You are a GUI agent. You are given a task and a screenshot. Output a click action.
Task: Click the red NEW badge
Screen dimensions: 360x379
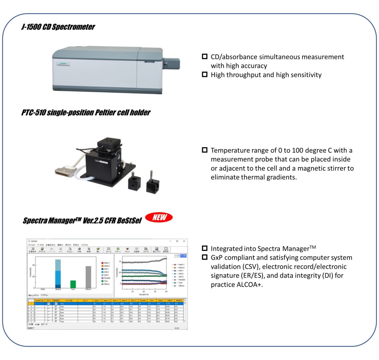159,217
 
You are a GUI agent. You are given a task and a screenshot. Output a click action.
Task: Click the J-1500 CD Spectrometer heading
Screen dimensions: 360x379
58,27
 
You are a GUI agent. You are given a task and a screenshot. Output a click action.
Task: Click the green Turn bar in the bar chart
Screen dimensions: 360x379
73,284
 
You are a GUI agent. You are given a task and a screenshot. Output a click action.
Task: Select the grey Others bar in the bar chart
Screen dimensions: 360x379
88,277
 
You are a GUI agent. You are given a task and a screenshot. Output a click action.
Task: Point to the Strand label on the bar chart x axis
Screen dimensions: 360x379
58,289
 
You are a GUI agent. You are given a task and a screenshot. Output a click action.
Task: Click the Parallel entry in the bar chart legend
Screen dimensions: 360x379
107,278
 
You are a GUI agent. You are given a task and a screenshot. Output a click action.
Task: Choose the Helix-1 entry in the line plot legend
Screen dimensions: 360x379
181,265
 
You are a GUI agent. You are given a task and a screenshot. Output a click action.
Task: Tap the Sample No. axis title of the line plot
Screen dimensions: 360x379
144,294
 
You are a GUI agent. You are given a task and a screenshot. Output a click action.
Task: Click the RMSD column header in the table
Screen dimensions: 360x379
170,300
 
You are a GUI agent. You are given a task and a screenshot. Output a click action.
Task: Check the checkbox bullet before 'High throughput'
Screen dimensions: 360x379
205,75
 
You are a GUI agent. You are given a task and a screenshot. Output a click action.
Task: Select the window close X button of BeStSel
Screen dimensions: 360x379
184,241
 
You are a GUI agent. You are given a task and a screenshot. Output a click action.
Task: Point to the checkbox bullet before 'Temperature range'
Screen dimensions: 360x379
205,150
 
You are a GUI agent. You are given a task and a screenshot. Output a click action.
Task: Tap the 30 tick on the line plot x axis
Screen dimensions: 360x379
155,291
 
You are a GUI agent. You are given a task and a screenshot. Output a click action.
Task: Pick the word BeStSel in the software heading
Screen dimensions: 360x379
129,220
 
